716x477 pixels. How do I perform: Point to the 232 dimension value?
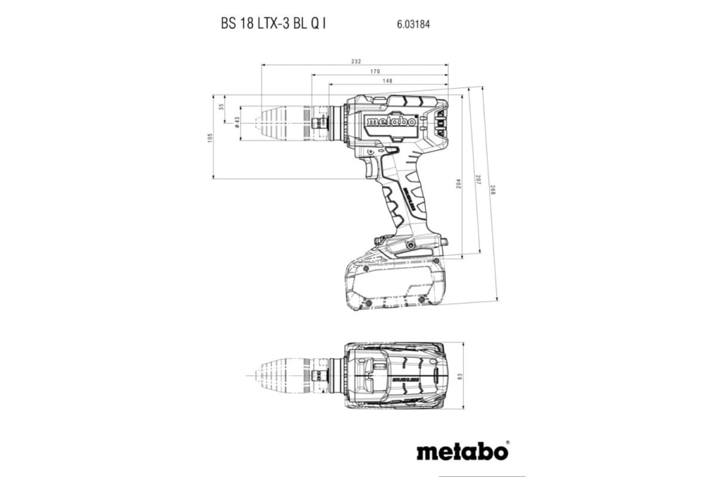click(x=356, y=61)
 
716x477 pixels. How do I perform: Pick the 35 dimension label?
click(x=221, y=107)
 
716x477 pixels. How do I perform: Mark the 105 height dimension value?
click(x=210, y=138)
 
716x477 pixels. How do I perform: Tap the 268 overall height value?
click(x=493, y=191)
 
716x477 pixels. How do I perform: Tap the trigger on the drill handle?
click(x=371, y=166)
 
